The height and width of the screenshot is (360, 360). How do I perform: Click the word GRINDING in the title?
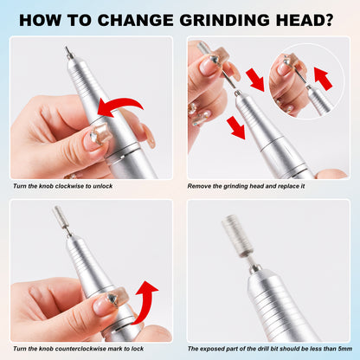(x=225, y=20)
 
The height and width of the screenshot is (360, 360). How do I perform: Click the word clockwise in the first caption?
(x=69, y=186)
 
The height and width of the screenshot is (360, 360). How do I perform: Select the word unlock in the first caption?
(x=103, y=186)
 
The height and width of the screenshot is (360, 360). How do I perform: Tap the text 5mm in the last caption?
(x=345, y=349)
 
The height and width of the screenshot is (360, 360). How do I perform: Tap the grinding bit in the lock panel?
(x=58, y=215)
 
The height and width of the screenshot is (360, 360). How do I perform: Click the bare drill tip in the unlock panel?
(x=68, y=53)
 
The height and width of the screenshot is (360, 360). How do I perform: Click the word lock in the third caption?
(x=138, y=349)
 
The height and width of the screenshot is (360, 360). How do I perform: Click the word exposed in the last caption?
(x=210, y=349)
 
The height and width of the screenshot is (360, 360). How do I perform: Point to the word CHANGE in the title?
(x=135, y=20)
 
